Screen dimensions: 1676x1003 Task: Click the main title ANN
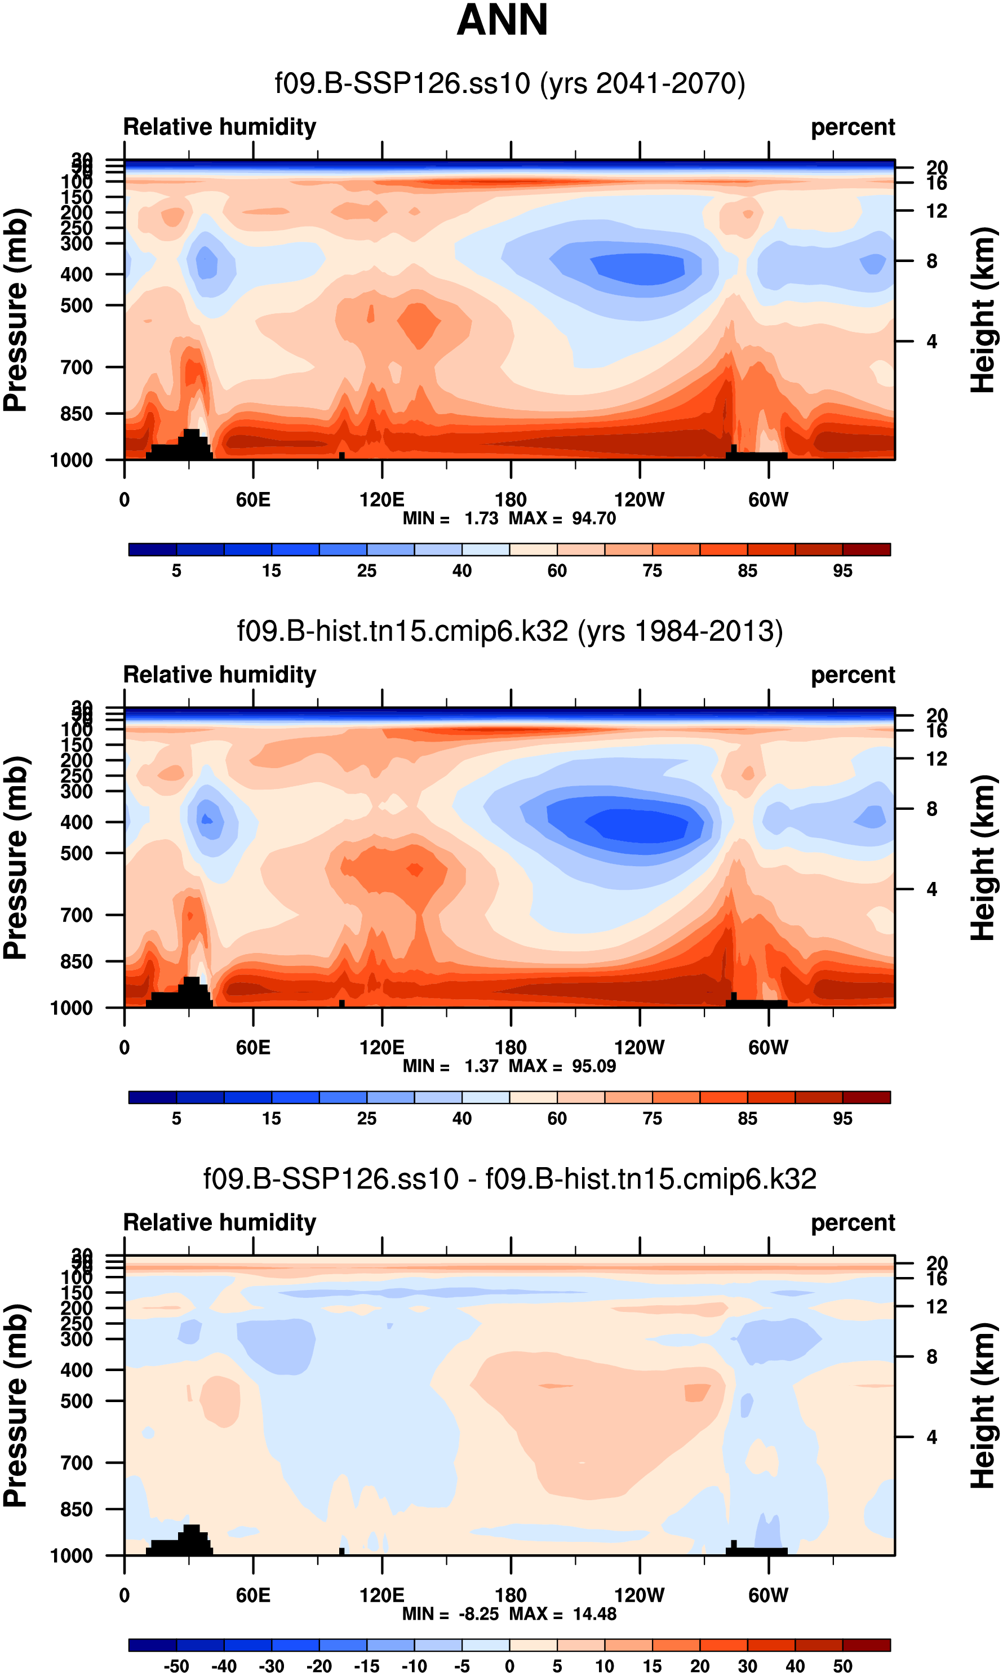502,20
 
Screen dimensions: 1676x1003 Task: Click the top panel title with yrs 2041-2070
509,84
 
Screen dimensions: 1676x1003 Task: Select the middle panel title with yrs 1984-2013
509,631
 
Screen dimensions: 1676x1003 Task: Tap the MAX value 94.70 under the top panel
593,518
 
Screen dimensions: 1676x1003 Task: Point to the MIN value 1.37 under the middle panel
481,1066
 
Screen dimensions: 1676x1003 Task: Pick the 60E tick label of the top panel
253,500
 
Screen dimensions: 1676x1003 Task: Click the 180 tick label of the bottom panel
511,1595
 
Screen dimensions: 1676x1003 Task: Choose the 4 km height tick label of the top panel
931,342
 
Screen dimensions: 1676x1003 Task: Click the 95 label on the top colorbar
842,571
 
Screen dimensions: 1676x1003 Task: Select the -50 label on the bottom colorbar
176,1666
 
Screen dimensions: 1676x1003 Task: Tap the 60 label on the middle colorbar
557,1119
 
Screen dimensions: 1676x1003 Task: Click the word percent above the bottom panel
853,1222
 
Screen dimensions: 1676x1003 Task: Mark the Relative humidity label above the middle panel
220,675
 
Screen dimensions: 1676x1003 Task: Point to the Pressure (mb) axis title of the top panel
16,310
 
